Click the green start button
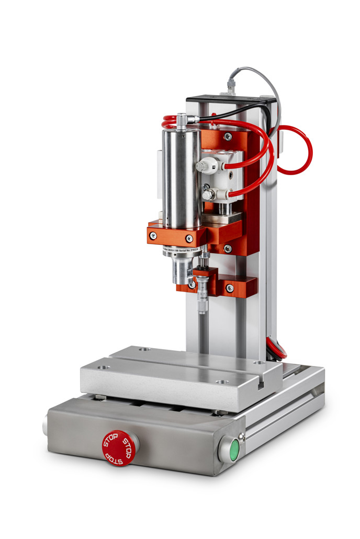point(234,449)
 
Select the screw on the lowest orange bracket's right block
point(230,288)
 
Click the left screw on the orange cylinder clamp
point(153,236)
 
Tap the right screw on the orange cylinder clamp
point(189,238)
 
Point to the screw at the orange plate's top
point(228,136)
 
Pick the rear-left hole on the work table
point(145,349)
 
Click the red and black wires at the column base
point(275,348)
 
